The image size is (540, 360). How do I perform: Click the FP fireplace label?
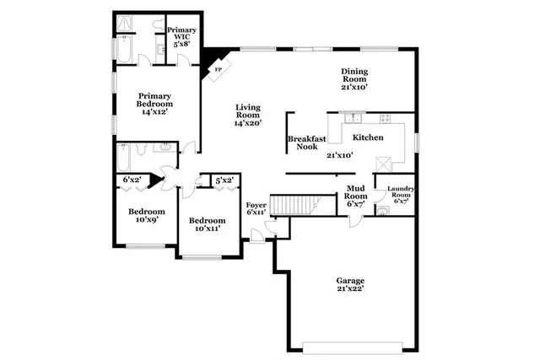tap(218, 69)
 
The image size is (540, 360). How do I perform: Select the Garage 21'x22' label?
tap(350, 285)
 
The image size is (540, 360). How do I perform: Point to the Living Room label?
tap(248, 115)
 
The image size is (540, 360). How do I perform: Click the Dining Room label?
tap(354, 79)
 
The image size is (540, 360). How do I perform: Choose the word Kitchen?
tap(369, 137)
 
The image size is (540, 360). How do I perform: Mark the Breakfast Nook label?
tap(301, 142)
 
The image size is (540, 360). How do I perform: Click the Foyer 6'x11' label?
tap(256, 208)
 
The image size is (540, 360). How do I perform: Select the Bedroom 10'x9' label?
tap(146, 216)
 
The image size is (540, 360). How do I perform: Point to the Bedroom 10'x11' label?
tap(206, 224)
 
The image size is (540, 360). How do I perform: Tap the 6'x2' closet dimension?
tap(132, 180)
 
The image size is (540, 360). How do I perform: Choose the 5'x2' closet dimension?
tap(224, 180)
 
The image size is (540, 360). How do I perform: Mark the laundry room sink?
tap(382, 211)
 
